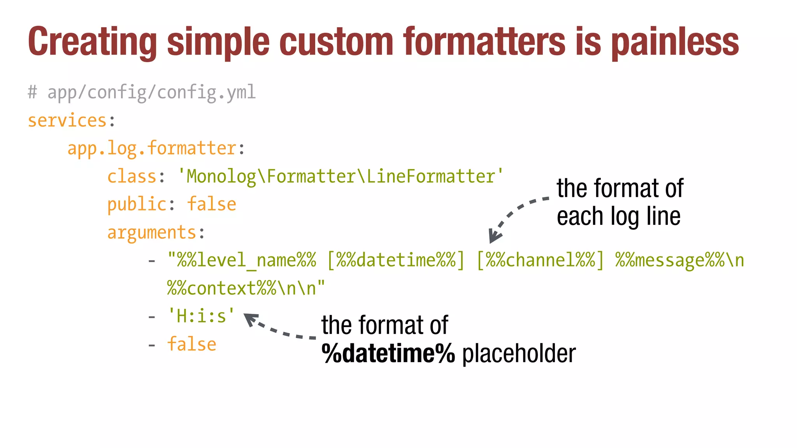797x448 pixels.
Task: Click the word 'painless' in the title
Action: tap(675, 42)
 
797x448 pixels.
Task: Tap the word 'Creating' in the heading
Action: tap(93, 42)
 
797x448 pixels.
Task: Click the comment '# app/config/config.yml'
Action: tap(142, 93)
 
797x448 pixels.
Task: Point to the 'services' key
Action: tap(67, 121)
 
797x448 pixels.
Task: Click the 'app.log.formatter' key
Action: tap(152, 149)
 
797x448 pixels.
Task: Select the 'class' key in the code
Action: tap(132, 177)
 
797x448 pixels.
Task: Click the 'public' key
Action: tap(137, 205)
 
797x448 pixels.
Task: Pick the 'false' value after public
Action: tap(212, 205)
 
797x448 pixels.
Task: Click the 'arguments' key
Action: tap(151, 233)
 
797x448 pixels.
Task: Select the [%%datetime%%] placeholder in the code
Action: tap(396, 260)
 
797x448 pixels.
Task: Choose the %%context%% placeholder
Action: tap(222, 289)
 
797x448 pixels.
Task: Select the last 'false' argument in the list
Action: tap(191, 345)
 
